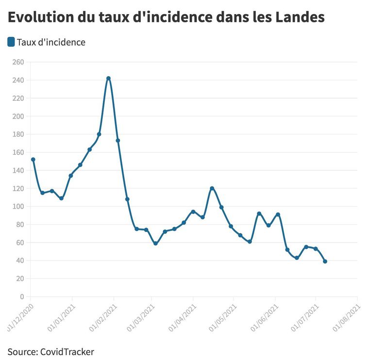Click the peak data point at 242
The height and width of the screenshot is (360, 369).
click(108, 78)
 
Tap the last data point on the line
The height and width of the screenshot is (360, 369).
click(325, 262)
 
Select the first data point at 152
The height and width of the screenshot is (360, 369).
click(33, 160)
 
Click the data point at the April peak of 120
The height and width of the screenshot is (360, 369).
click(212, 188)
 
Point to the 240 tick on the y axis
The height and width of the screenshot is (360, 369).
click(18, 80)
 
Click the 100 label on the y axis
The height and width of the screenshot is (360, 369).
click(18, 206)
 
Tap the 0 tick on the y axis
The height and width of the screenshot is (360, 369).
click(21, 296)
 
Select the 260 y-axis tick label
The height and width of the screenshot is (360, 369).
click(18, 62)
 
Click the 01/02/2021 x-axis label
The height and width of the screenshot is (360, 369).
click(102, 318)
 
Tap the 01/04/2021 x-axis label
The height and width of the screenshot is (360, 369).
click(182, 318)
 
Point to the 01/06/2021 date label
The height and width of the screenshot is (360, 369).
click(264, 318)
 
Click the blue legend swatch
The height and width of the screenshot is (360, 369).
click(11, 42)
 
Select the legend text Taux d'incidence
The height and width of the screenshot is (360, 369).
click(51, 42)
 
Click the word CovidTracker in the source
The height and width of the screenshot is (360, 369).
click(67, 351)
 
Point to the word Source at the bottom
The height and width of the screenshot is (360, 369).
click(21, 351)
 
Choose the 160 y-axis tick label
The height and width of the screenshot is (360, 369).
click(18, 152)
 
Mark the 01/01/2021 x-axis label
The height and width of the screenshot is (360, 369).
click(61, 318)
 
